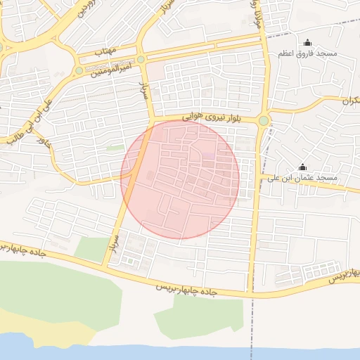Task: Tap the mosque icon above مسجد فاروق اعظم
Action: coord(307,43)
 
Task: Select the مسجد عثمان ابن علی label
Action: coord(303,179)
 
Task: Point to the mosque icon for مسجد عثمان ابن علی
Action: coord(303,167)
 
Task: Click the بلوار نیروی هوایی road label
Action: coord(209,118)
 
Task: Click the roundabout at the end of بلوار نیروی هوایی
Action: coord(264,121)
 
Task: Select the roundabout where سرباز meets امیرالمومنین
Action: coord(141,60)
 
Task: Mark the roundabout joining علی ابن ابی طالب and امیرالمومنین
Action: coord(79,70)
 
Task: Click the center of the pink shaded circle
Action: coord(180,179)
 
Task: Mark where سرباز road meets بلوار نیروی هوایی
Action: coord(150,121)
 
